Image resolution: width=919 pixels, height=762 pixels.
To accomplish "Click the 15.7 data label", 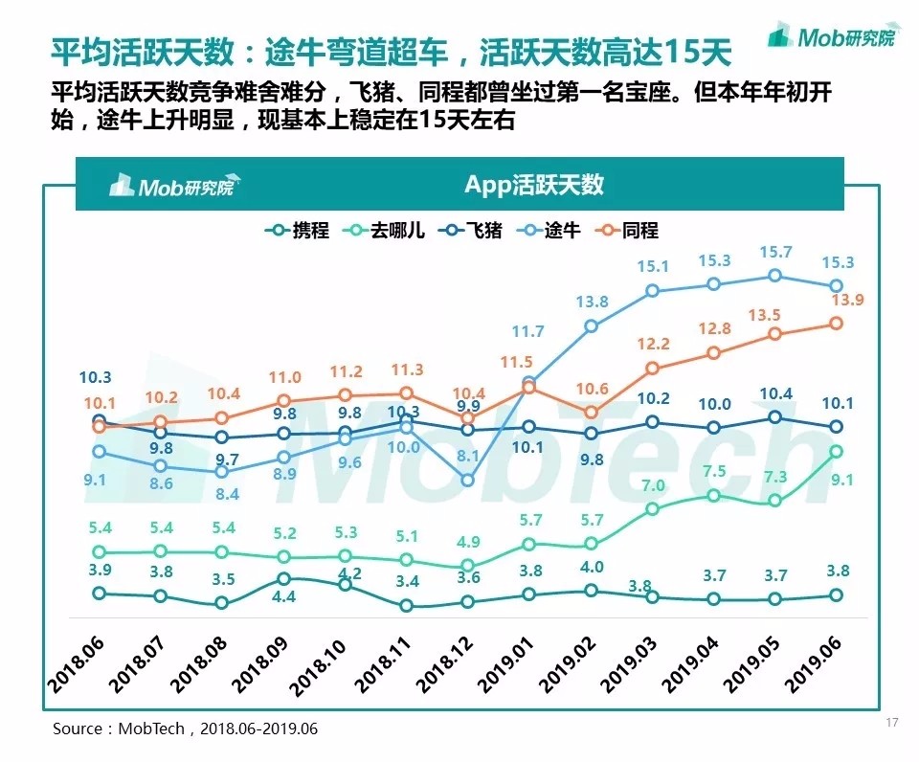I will click(x=775, y=252).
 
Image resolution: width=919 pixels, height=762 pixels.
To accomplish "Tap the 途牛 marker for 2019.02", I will click(x=591, y=325).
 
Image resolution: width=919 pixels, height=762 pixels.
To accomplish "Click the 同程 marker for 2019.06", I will click(x=836, y=324).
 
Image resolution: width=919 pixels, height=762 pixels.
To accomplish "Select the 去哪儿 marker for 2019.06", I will click(x=836, y=451).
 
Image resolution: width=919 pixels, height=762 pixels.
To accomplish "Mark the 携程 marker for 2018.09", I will click(x=283, y=579).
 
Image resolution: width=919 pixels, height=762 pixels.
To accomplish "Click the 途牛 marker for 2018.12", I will click(x=467, y=481).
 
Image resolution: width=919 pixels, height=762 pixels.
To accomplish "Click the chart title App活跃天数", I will click(x=534, y=185).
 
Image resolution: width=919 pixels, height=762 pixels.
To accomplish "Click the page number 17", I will click(x=892, y=723).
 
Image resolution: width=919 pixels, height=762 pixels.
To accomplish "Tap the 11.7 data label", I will click(x=527, y=332).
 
